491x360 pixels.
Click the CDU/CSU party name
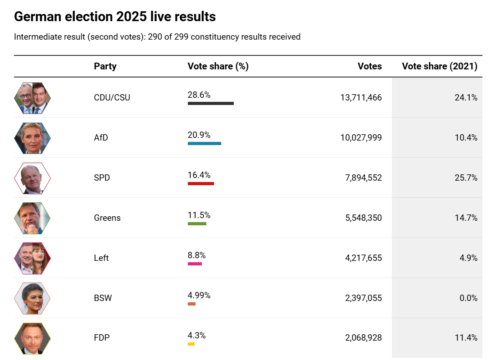[112, 97]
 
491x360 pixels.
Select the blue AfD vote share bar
[204, 143]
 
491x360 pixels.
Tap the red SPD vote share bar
[200, 183]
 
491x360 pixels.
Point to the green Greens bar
[197, 223]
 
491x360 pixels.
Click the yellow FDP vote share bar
[191, 344]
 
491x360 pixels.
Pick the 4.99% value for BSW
[199, 296]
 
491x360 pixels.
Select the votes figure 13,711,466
[361, 97]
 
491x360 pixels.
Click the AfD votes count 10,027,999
[361, 137]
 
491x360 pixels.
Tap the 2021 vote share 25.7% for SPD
[466, 178]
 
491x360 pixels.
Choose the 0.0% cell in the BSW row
[468, 298]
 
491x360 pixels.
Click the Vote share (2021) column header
[439, 66]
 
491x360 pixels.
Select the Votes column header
[369, 66]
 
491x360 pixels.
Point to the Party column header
[105, 66]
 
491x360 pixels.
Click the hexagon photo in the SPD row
[32, 178]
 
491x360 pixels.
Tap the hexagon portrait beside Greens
[32, 218]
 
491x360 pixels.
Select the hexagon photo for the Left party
[32, 258]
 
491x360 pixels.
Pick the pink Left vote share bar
[195, 264]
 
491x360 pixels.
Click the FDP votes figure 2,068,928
[364, 338]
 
